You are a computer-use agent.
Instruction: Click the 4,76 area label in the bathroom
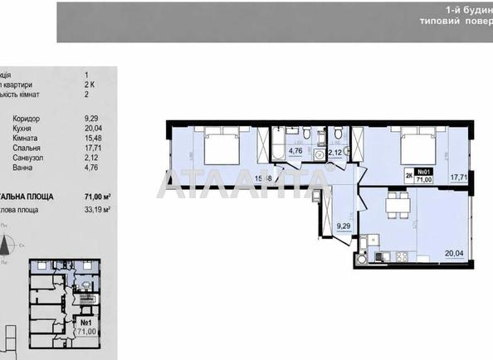coord(295,152)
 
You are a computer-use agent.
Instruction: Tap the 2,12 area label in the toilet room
coord(335,152)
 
